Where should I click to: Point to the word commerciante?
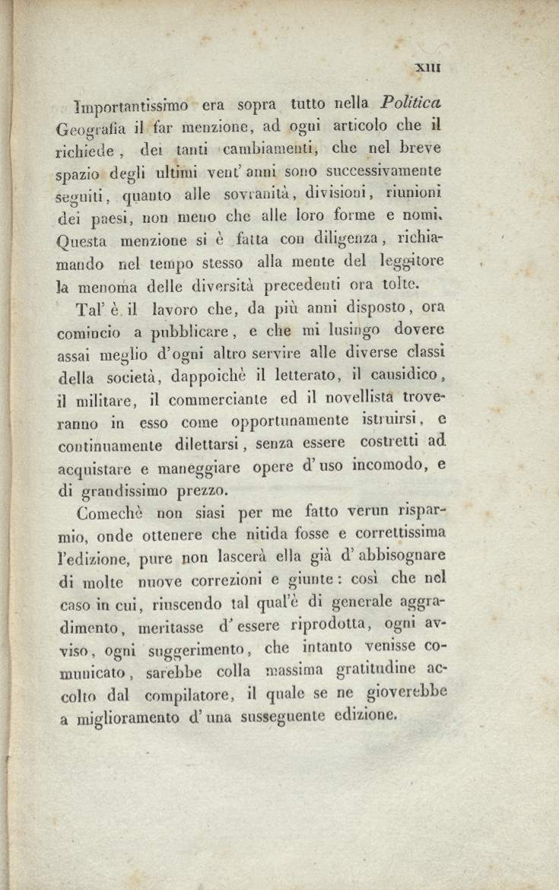[229, 397]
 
